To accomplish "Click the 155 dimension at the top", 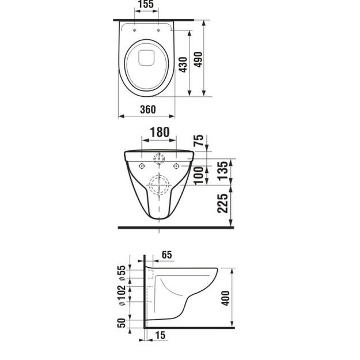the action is [146, 4].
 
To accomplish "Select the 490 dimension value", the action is [198, 59].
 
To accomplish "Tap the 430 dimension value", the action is [183, 65].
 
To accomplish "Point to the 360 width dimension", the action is [147, 109].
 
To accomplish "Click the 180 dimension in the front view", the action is [160, 132].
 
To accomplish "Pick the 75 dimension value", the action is [198, 141].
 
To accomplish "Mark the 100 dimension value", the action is [199, 176].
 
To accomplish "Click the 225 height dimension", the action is [223, 203].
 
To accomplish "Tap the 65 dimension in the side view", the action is [167, 255].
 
